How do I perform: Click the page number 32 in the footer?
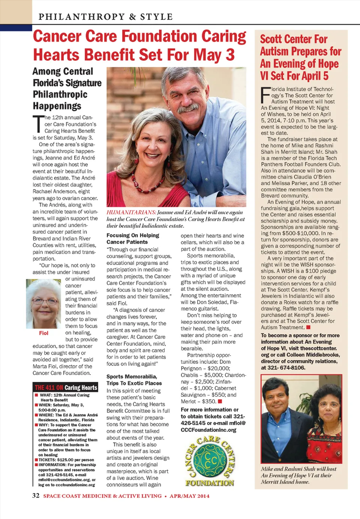pos(36,495)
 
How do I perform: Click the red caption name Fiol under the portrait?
pos(43,333)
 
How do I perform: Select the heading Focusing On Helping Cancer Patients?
pos(133,239)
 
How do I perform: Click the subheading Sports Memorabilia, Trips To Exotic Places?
pos(134,380)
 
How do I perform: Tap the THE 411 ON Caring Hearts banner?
pos(66,387)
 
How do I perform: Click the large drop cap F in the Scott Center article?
pos(265,95)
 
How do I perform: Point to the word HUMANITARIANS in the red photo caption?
pos(131,212)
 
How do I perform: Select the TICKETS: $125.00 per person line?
pos(66,460)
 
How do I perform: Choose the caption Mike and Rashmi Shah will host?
pos(298,469)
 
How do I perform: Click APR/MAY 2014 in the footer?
pos(189,496)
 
